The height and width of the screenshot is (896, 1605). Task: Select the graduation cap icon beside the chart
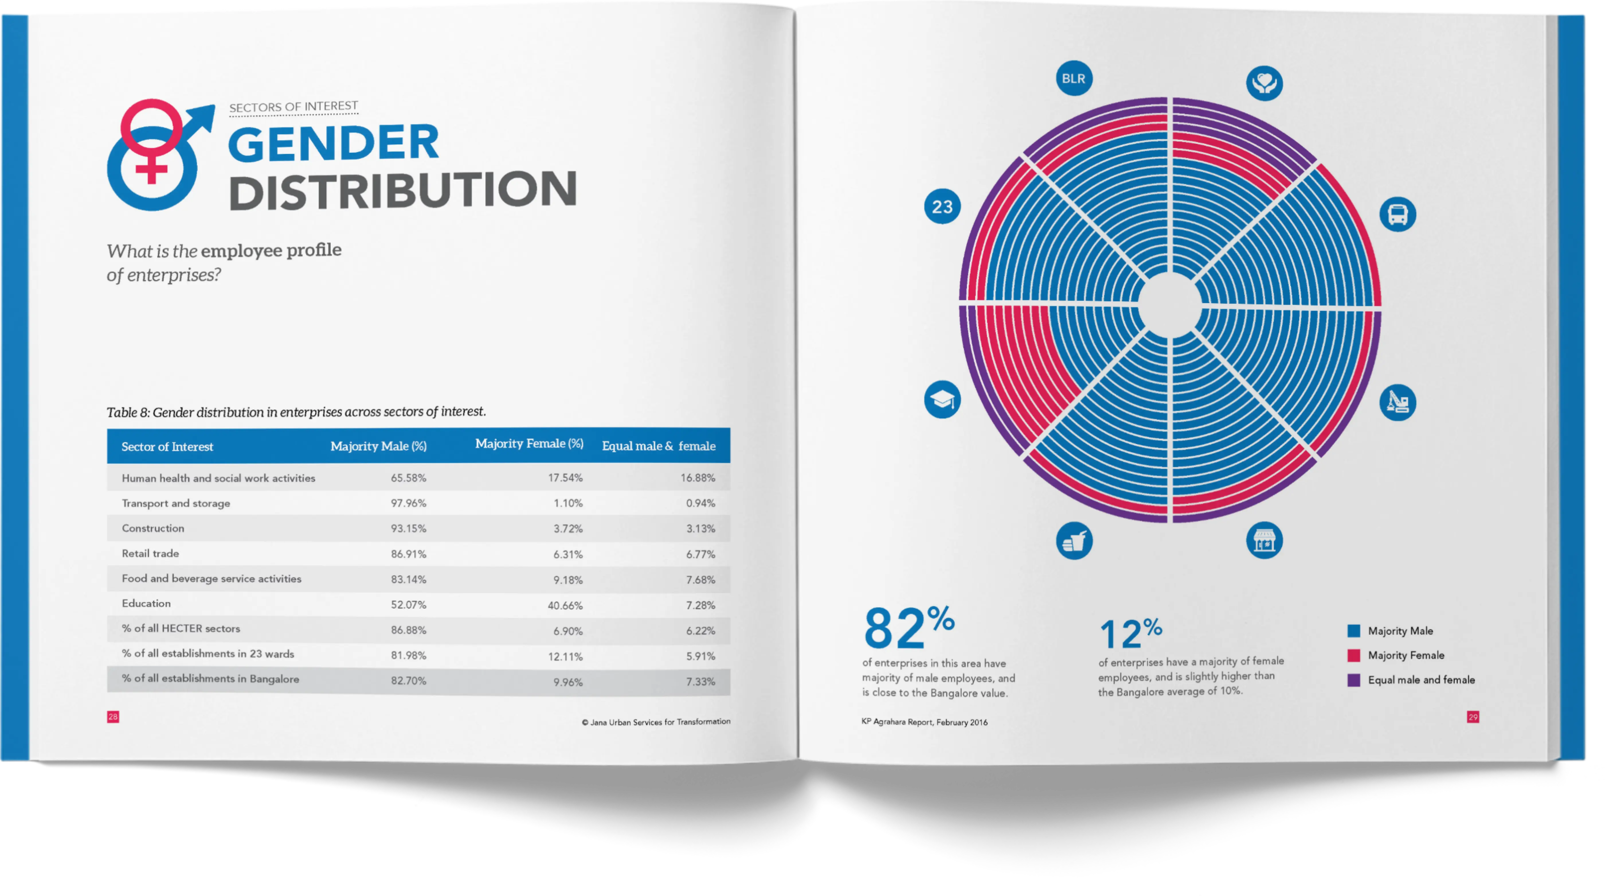coord(942,399)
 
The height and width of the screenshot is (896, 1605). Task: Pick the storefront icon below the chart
coord(1264,540)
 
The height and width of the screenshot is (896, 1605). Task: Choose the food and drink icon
coord(1074,541)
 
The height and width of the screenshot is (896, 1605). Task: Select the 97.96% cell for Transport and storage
coord(409,503)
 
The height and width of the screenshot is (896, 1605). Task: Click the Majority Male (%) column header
coord(378,446)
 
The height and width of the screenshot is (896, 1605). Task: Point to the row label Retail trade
coord(150,553)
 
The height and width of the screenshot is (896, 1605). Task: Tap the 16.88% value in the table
coord(698,478)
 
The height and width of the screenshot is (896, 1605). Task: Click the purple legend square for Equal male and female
coord(1353,680)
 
